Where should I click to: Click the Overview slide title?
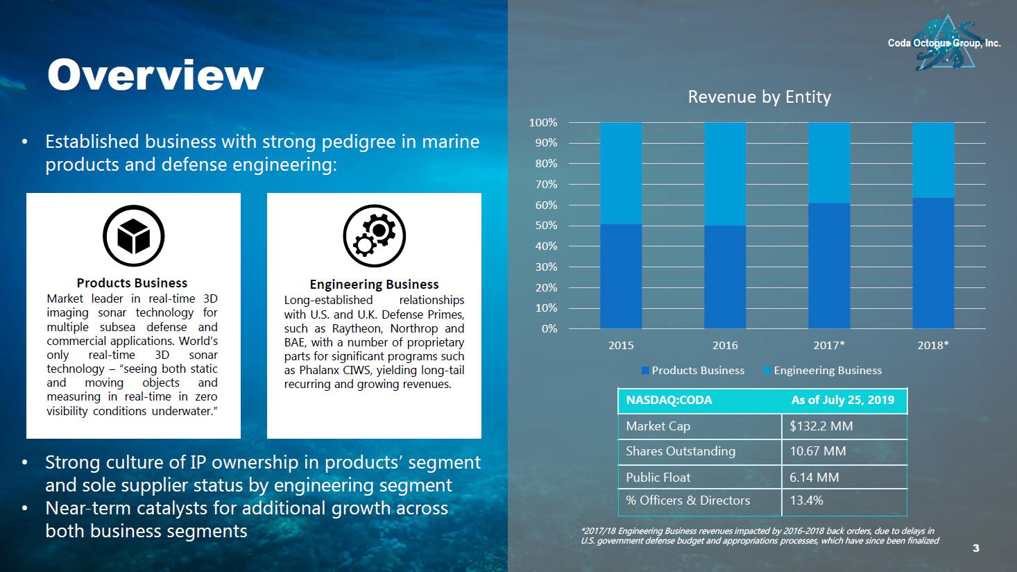coord(155,75)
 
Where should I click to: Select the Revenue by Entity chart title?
coord(759,97)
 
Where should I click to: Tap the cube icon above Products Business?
coord(133,236)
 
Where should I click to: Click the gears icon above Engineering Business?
coord(374,236)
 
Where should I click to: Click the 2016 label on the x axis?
coord(725,345)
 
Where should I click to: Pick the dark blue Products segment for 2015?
coord(621,276)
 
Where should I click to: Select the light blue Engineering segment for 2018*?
coord(933,160)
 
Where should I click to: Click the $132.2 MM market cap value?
coord(821,426)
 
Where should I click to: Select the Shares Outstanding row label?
coord(680,451)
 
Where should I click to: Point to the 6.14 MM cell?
coord(814,478)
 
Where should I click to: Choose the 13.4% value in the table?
coord(806,500)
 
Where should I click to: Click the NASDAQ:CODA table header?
coord(669,401)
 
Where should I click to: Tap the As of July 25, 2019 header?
coord(843,401)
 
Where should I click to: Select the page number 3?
coord(976,548)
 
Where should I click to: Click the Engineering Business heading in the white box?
coord(374,285)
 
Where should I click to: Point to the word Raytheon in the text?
coord(357,328)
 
